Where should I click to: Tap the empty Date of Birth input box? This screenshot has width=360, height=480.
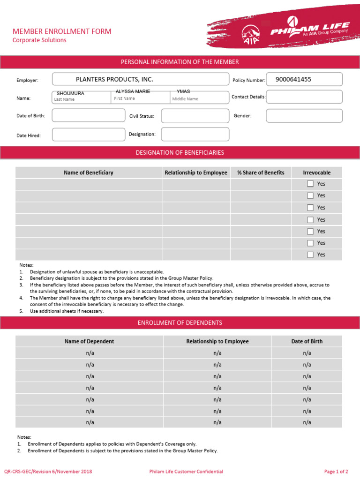coord(88,115)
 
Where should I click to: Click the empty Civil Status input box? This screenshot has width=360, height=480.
coord(195,116)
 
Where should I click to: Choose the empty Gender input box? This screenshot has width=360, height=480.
coord(304,116)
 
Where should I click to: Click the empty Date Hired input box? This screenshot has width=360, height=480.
coord(88,135)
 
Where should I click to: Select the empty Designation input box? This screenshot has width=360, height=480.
coord(195,134)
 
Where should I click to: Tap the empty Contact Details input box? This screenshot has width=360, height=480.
coord(304,97)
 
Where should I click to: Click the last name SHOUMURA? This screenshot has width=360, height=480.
coord(70,93)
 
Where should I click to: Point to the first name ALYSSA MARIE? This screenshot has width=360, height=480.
coord(133,91)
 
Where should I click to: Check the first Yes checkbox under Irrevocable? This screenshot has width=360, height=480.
coord(310,184)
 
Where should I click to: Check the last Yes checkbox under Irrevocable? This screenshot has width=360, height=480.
coord(310,255)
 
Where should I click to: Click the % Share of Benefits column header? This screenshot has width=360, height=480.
coord(261,172)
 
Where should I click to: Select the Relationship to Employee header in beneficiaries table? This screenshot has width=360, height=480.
coord(196,172)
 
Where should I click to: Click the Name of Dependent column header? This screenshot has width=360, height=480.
coord(89,341)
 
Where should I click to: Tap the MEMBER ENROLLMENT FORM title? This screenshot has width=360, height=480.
coord(62,31)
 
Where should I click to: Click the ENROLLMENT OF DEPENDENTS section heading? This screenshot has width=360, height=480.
coord(180,322)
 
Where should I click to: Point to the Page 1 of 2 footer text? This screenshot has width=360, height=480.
coord(336,472)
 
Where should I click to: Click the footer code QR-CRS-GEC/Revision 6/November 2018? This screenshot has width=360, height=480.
coord(48,472)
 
